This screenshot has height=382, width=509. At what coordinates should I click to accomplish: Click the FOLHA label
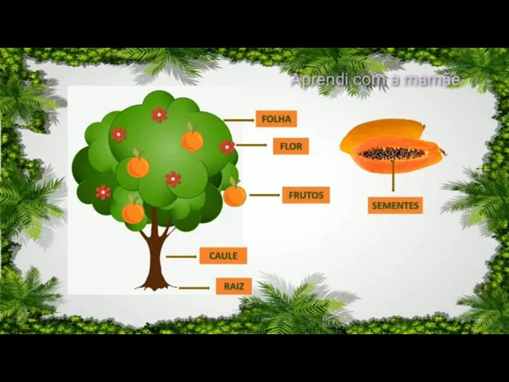[276, 119]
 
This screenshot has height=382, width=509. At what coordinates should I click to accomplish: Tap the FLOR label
[290, 146]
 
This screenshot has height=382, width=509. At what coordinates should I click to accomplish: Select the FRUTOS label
[305, 195]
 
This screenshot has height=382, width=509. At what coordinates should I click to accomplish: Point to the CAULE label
[223, 255]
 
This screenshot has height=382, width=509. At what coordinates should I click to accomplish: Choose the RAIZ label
[233, 286]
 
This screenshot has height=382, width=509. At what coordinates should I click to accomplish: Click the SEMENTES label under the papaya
[394, 205]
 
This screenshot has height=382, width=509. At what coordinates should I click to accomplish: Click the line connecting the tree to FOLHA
[238, 120]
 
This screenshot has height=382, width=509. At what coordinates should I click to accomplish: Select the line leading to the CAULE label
[182, 256]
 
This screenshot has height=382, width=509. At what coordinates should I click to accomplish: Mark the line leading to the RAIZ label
[195, 287]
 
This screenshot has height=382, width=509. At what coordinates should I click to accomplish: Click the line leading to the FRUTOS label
[264, 195]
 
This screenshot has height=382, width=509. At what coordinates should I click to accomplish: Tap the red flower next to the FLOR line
[227, 147]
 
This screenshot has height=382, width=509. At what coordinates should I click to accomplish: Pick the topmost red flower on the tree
[159, 115]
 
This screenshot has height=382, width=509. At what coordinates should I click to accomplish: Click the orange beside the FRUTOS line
[235, 195]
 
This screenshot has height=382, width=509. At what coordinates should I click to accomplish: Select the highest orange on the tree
[192, 141]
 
